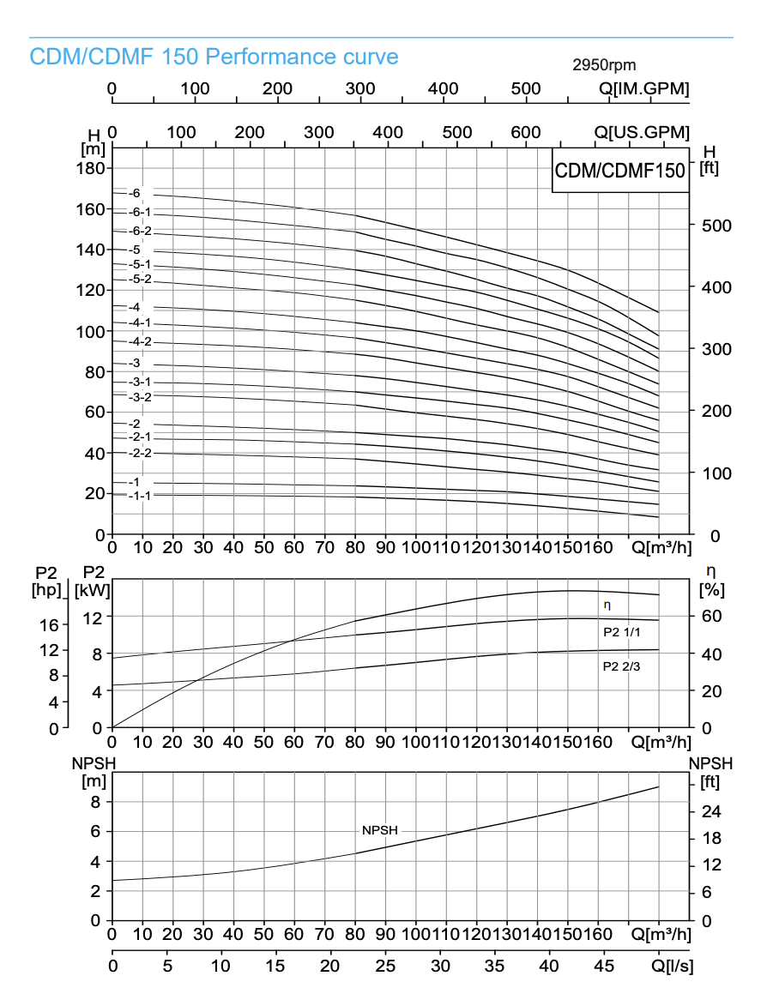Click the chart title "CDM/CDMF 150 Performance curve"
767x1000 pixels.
[x=214, y=57]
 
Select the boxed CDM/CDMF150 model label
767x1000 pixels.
[x=620, y=171]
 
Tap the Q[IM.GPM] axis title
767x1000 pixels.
[x=643, y=88]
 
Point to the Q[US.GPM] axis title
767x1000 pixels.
[x=643, y=132]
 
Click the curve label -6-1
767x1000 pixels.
[x=140, y=212]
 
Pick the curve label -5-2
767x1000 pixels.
[x=140, y=279]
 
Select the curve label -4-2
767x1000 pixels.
[x=140, y=341]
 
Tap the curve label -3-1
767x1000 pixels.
[x=140, y=381]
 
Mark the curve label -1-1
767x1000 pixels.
[x=140, y=495]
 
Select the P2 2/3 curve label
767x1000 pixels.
[x=621, y=666]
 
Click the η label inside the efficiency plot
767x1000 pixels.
[x=607, y=605]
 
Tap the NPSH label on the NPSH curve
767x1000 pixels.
[x=380, y=830]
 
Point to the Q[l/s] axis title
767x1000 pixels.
[x=672, y=966]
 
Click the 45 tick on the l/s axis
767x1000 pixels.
[x=604, y=966]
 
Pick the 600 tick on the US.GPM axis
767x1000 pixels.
[x=525, y=132]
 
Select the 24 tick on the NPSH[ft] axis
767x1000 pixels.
[x=710, y=811]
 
